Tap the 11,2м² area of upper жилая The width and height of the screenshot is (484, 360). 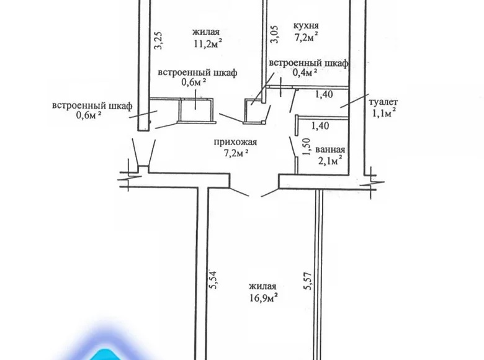208,43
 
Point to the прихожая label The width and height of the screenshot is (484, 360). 235,141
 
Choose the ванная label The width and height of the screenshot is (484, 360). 329,150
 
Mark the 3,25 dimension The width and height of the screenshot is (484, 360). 158,40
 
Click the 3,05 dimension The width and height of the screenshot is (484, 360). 273,33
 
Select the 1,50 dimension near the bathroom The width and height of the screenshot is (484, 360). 305,148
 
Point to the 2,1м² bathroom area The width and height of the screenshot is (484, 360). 330,163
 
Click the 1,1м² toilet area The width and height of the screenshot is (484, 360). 383,113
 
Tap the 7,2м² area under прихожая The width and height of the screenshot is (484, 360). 235,151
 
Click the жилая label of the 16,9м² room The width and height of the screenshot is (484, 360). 262,286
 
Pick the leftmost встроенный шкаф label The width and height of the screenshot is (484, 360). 92,106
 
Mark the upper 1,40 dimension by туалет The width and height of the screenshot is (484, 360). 325,94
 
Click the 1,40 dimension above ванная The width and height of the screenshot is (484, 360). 319,126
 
